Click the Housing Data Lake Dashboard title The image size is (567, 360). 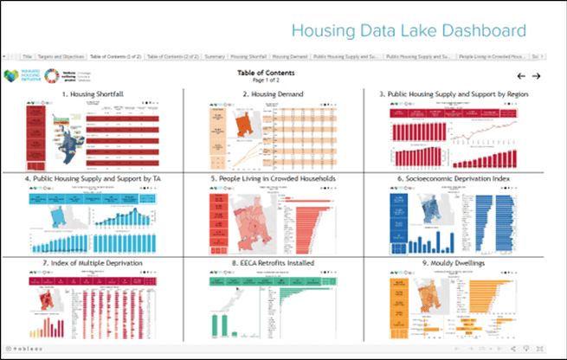pyautogui.click(x=408, y=31)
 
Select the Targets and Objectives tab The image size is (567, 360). pyautogui.click(x=61, y=56)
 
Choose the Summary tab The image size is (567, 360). pyautogui.click(x=216, y=56)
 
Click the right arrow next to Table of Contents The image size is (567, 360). pyautogui.click(x=537, y=75)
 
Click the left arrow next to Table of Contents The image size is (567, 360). pyautogui.click(x=521, y=75)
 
